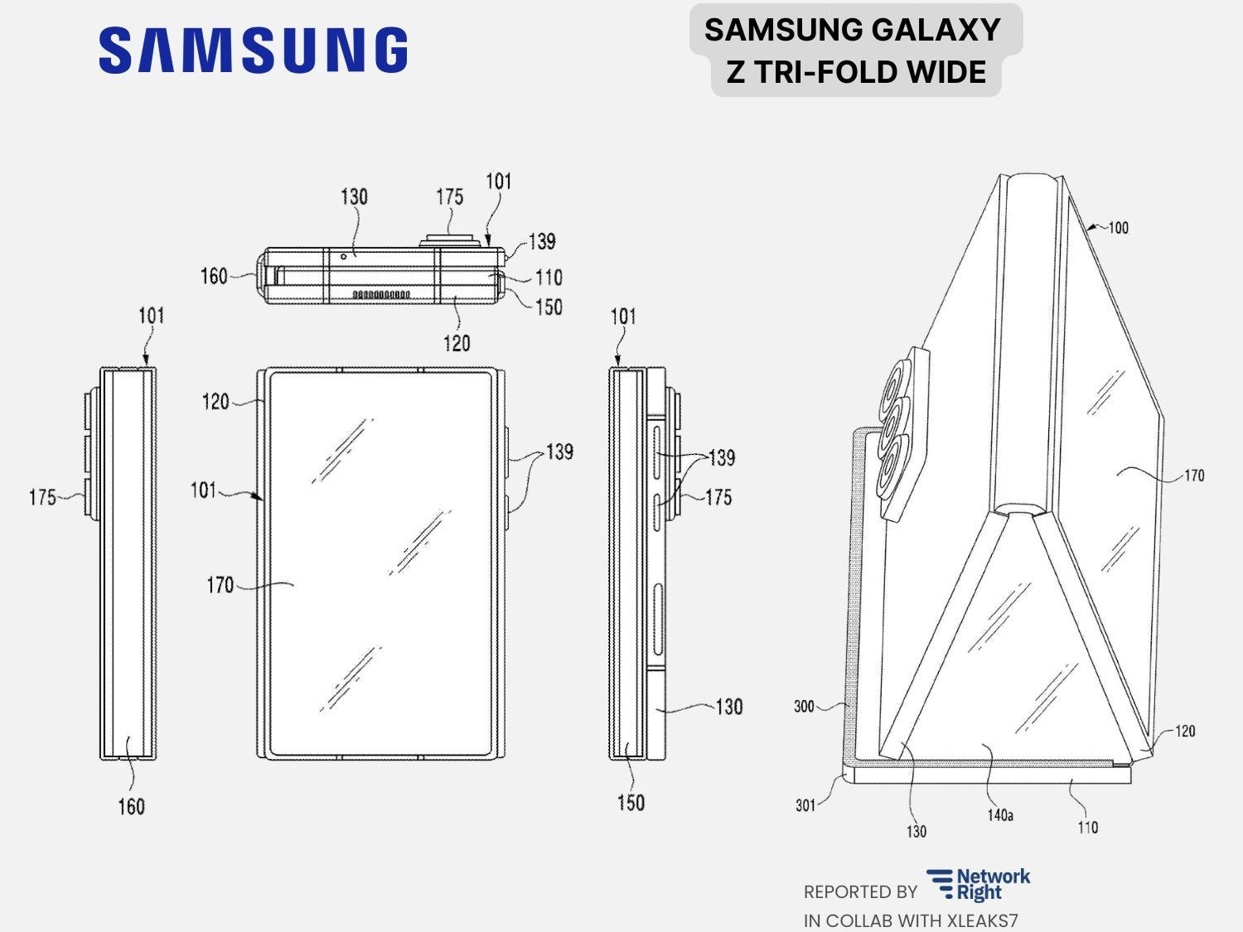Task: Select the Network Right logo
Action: [x=979, y=885]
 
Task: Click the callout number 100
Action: [x=1118, y=228]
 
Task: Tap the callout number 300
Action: [x=804, y=707]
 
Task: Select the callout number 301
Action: [x=805, y=804]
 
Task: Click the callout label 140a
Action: [x=1000, y=815]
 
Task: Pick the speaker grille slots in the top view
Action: [x=381, y=294]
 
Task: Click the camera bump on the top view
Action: [x=450, y=240]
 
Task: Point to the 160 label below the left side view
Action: [x=131, y=806]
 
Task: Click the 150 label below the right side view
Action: [x=631, y=802]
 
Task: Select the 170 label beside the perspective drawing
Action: [x=1193, y=476]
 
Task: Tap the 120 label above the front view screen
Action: [x=215, y=402]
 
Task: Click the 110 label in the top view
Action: [x=549, y=277]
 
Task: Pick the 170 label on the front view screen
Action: [x=220, y=586]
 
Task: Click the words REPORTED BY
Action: [x=860, y=892]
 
